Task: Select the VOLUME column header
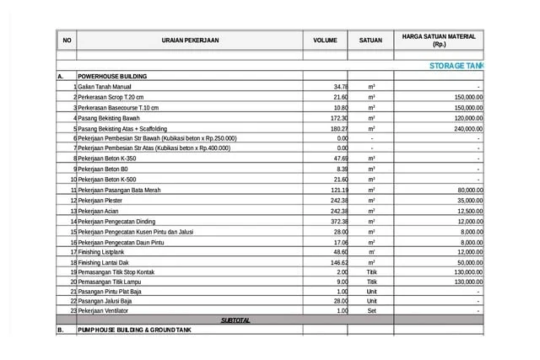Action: (x=325, y=40)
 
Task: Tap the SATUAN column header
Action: (x=370, y=40)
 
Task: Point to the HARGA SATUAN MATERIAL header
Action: (x=439, y=40)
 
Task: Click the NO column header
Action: (x=67, y=40)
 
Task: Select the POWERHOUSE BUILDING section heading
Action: (x=112, y=76)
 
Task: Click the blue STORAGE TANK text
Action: (x=456, y=65)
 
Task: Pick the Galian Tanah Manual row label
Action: (x=105, y=87)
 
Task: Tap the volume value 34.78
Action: (x=340, y=87)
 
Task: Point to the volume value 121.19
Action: (x=338, y=191)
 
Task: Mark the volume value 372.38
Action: (x=338, y=221)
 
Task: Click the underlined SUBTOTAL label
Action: (x=235, y=320)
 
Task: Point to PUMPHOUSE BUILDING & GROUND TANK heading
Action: (x=133, y=331)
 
